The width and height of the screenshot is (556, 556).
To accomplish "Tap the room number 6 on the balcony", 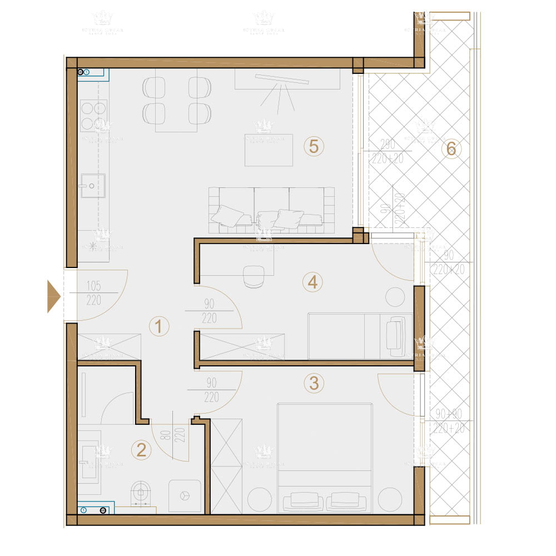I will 451,148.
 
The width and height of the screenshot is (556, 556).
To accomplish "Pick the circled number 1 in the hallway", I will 159,326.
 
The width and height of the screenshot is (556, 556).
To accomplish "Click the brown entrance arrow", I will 53,297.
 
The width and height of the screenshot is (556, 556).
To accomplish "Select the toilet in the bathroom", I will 142,494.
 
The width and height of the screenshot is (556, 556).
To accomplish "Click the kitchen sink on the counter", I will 92,184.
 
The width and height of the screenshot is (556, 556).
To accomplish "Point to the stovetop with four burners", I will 93,115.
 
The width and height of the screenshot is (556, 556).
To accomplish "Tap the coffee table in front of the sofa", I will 269,150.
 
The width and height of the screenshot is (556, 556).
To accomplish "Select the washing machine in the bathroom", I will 185,495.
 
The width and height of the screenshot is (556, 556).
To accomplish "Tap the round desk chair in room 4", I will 255,276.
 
